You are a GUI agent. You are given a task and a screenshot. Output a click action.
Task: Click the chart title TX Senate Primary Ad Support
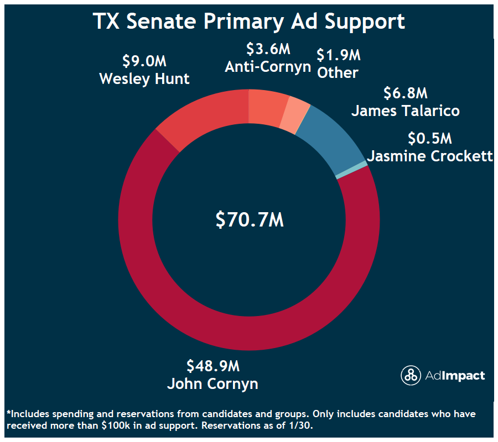(x=249, y=21)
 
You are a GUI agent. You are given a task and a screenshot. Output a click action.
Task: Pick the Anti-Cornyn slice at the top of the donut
(x=267, y=106)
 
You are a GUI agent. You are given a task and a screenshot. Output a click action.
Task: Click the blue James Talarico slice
(x=332, y=138)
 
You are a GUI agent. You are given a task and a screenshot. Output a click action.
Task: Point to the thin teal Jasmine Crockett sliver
(x=351, y=170)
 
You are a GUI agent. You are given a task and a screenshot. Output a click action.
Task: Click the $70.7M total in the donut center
(x=249, y=219)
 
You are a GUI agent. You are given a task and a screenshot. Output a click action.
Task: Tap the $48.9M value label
(x=212, y=366)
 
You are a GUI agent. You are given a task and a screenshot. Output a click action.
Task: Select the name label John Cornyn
(x=212, y=383)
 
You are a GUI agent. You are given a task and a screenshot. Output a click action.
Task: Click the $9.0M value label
(x=144, y=60)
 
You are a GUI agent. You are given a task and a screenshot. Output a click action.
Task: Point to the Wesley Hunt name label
(x=144, y=78)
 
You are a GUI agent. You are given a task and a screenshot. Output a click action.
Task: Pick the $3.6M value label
(x=268, y=49)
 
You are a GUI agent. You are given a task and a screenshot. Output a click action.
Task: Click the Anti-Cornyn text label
(x=268, y=66)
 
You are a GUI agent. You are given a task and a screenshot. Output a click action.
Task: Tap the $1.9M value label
(x=338, y=55)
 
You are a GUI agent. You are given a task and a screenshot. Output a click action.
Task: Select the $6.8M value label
(x=406, y=92)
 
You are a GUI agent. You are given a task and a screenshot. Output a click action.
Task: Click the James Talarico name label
(x=406, y=110)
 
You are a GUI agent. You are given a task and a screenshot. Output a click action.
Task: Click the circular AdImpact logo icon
(x=411, y=376)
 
